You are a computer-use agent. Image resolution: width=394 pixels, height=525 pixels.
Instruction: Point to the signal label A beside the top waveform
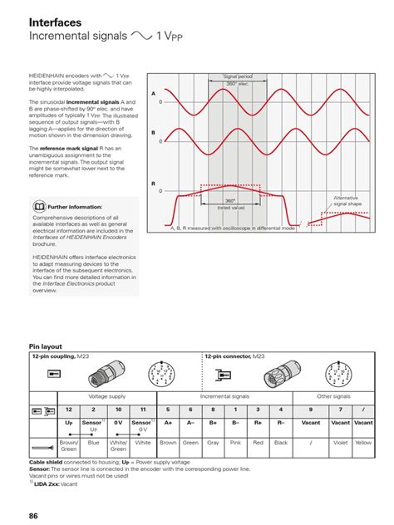click(x=153, y=94)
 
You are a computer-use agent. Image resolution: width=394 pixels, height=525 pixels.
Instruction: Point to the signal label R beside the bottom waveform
click(x=153, y=184)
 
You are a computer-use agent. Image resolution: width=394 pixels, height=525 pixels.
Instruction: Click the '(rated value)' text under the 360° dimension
click(x=229, y=208)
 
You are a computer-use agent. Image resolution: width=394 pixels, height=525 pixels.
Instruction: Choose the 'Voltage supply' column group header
click(x=106, y=397)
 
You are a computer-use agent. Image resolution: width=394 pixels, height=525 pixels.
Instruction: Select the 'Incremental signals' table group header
click(x=224, y=397)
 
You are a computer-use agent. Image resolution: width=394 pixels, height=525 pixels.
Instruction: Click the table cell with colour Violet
click(x=341, y=443)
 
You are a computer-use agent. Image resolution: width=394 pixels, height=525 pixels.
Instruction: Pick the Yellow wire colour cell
click(x=363, y=443)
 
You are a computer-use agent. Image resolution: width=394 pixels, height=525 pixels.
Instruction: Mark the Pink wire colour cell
click(x=235, y=443)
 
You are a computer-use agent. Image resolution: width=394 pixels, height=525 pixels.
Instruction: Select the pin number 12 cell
click(x=69, y=410)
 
